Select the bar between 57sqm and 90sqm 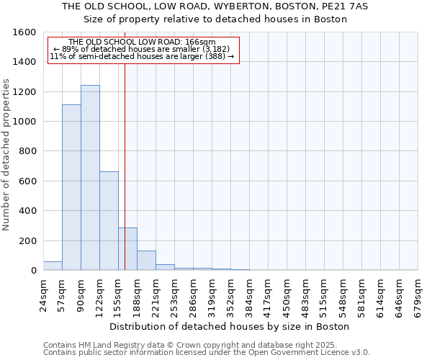click(x=71, y=187)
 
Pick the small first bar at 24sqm click(x=53, y=266)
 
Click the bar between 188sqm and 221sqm click(x=146, y=261)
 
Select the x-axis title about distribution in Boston click(x=230, y=326)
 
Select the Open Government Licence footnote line click(x=206, y=353)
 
